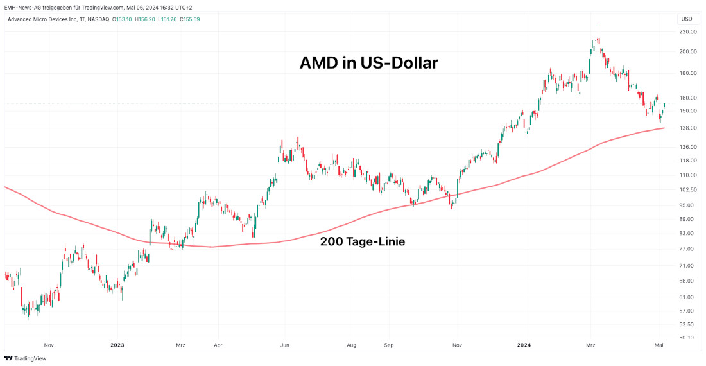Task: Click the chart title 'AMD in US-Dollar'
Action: coord(369,63)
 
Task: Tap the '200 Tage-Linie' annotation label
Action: coord(362,242)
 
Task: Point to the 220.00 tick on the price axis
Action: coord(687,31)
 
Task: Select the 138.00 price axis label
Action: coord(687,128)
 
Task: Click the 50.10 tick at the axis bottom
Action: coord(687,337)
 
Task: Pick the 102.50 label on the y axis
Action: coord(687,189)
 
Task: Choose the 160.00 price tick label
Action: coord(687,98)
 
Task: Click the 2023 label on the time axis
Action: coord(117,345)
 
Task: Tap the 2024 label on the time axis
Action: coord(525,345)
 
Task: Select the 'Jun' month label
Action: coord(285,345)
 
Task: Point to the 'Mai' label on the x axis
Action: coord(659,345)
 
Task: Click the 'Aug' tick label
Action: coord(352,345)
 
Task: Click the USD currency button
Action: coord(686,19)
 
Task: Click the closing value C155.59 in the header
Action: coord(190,19)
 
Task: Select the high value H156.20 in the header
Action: coord(144,19)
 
